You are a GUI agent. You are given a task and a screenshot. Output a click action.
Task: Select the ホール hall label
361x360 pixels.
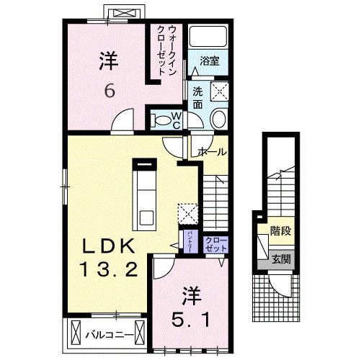point(214,152)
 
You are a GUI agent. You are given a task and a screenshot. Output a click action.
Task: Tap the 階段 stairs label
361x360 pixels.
point(280,232)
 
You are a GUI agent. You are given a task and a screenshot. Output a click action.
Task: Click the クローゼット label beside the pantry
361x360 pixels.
point(214,243)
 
